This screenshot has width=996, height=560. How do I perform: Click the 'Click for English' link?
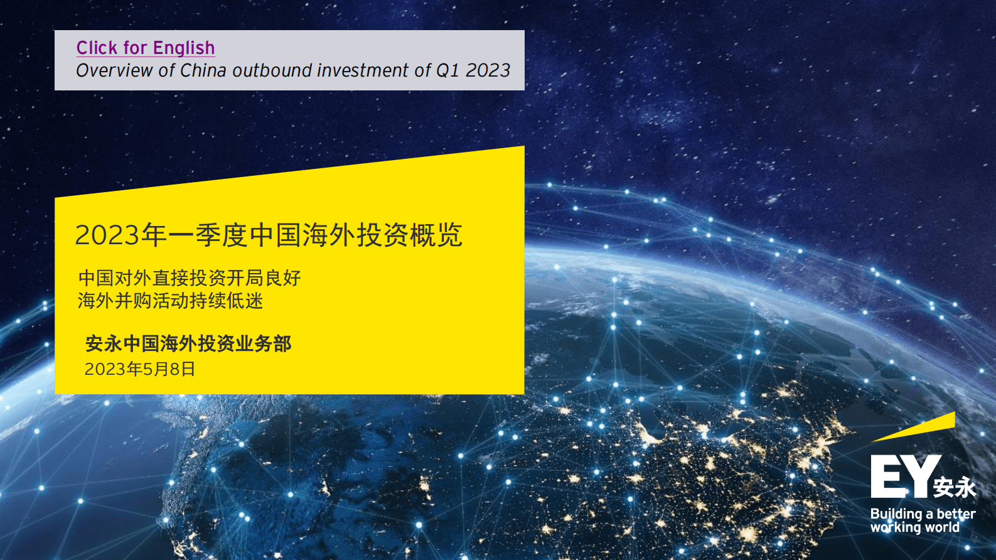point(146,48)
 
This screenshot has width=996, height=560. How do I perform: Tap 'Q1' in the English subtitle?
point(447,70)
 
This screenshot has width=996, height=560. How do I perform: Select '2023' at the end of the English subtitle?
point(488,70)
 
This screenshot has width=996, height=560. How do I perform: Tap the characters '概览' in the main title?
point(436,235)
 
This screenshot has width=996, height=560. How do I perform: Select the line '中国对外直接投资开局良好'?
point(190,277)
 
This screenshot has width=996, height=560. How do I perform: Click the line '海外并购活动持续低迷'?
point(170,301)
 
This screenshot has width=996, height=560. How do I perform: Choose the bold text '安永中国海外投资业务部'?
point(188,343)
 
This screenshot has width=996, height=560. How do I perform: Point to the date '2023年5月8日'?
point(140,369)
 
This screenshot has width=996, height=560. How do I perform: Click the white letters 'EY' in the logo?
point(904,477)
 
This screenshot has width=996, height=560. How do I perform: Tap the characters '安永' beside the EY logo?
point(954,487)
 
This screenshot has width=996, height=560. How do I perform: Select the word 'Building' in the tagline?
point(896,514)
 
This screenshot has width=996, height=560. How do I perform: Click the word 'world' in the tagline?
point(942,527)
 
